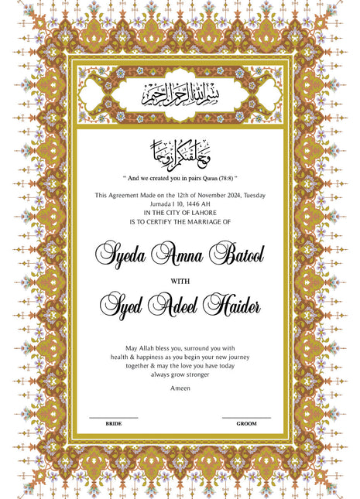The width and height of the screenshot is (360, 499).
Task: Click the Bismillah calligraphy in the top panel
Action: tap(180, 96)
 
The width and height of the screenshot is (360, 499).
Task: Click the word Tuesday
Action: tap(253, 196)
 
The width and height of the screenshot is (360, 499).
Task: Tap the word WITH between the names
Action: tap(180, 279)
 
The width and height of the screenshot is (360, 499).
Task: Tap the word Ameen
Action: tap(180, 388)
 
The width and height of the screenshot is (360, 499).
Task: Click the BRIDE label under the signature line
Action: tap(113, 424)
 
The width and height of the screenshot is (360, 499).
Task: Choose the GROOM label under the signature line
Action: tap(246, 424)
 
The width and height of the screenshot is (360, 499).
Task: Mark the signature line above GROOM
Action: tap(246, 418)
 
